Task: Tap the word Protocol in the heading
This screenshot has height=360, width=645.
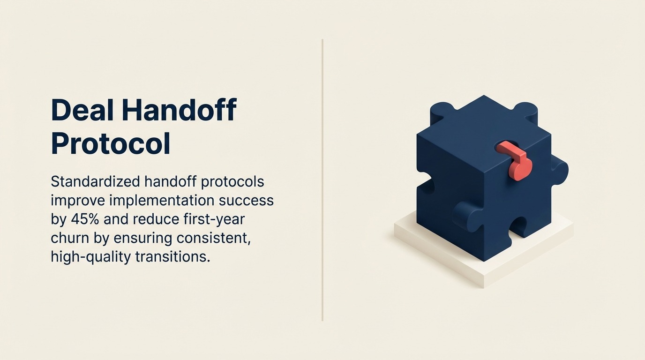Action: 110,143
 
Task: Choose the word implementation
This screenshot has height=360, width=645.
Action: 162,201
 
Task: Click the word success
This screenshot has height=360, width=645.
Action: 246,201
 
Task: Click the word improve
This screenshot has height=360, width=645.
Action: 77,201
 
